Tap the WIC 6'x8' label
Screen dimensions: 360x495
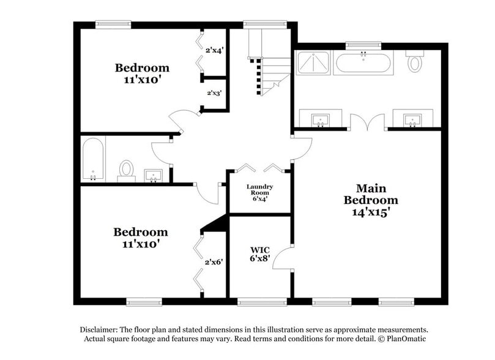click(x=261, y=254)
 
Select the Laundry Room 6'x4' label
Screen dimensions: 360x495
click(x=259, y=192)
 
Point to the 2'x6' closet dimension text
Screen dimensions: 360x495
click(x=214, y=261)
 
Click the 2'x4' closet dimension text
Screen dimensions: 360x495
click(x=214, y=51)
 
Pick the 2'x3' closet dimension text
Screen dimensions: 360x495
click(x=214, y=93)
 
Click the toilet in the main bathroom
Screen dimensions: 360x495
click(x=416, y=62)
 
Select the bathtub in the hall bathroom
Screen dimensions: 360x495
click(x=94, y=159)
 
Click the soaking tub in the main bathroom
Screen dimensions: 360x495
click(x=363, y=63)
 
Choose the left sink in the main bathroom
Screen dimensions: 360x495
click(x=319, y=119)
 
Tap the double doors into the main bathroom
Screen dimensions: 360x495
click(x=368, y=122)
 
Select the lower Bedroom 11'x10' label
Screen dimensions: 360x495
click(x=140, y=238)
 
